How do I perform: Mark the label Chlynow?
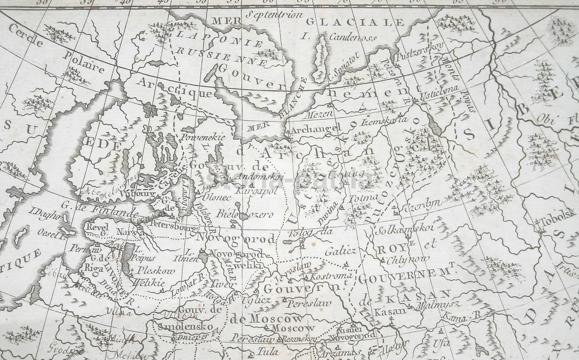(407, 259)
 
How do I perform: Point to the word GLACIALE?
(355, 22)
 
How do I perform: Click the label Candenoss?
(353, 37)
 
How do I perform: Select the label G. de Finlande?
(99, 209)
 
